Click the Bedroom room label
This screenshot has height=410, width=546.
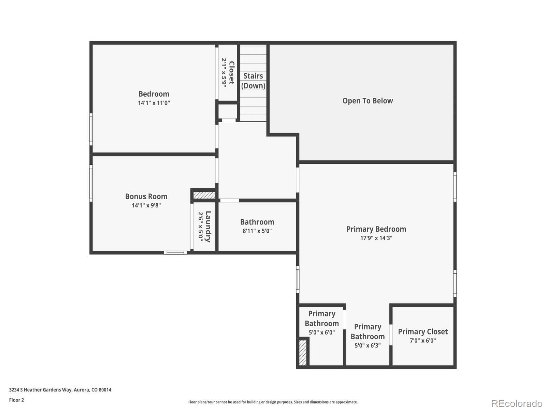[x=154, y=94]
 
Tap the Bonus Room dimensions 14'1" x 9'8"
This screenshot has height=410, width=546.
[x=146, y=205]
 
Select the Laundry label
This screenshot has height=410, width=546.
[x=208, y=227]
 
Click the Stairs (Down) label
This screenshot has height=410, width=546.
[x=253, y=81]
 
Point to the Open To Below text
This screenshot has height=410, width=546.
[x=368, y=101]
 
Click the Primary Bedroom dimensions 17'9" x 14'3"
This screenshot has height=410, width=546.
[x=376, y=238]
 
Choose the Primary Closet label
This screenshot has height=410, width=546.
[x=422, y=332]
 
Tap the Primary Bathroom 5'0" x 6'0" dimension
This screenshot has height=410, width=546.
[x=321, y=332]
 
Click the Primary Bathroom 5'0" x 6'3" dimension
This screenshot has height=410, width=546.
[x=367, y=345]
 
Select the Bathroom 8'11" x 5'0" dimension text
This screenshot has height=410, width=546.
[x=257, y=231]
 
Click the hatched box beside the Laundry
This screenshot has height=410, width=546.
[x=204, y=195]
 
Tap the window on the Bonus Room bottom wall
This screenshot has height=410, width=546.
[x=175, y=253]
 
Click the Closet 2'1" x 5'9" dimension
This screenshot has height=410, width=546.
[x=224, y=72]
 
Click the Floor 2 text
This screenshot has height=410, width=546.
[x=16, y=400]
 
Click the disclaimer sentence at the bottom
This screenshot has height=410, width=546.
[x=273, y=402]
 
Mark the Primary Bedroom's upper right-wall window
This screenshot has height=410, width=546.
[x=455, y=187]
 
